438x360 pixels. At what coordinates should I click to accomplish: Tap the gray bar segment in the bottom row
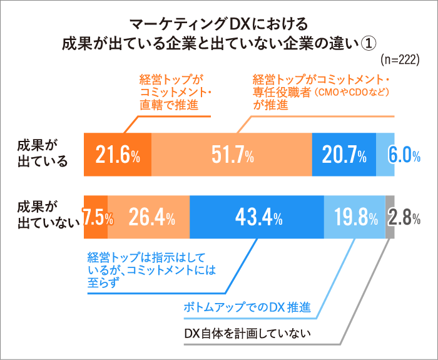390,217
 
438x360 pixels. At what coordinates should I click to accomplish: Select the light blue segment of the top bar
385,155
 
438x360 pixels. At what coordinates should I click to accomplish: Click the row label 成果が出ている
43,155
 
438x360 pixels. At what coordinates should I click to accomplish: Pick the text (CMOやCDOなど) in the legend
351,92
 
